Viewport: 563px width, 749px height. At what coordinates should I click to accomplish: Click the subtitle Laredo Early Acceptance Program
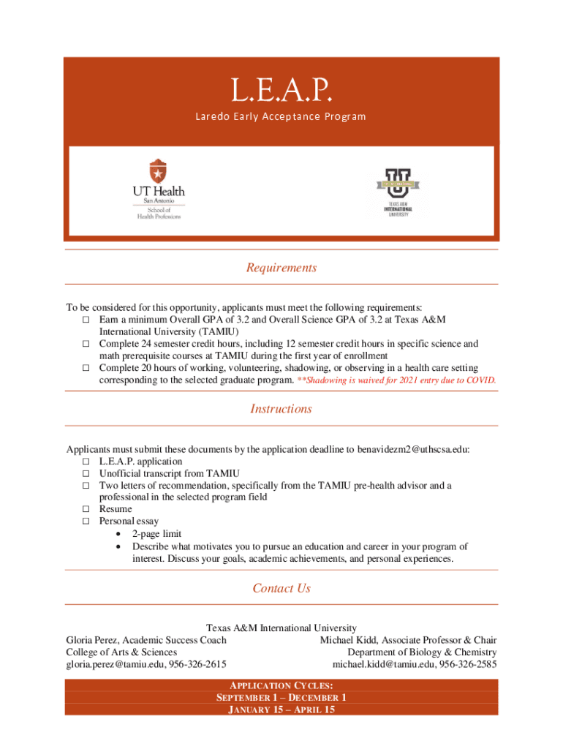281,117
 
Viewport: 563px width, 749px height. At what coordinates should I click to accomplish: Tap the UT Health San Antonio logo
158,189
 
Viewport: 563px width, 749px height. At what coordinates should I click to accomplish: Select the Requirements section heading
281,268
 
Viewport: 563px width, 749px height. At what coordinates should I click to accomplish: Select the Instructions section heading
281,409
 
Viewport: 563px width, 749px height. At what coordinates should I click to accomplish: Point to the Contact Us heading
281,588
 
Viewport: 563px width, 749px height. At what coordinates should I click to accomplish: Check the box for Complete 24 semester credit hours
86,344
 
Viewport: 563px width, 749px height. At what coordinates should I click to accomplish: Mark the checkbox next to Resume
86,509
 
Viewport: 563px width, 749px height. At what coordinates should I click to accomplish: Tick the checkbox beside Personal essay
86,522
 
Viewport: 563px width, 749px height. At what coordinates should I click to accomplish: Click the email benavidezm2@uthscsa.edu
413,450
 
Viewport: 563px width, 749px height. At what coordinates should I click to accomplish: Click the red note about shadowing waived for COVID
396,380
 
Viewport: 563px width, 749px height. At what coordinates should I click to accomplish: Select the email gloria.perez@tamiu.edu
115,664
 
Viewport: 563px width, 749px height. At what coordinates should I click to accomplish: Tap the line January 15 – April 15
281,710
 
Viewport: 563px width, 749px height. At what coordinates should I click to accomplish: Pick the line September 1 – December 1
281,698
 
